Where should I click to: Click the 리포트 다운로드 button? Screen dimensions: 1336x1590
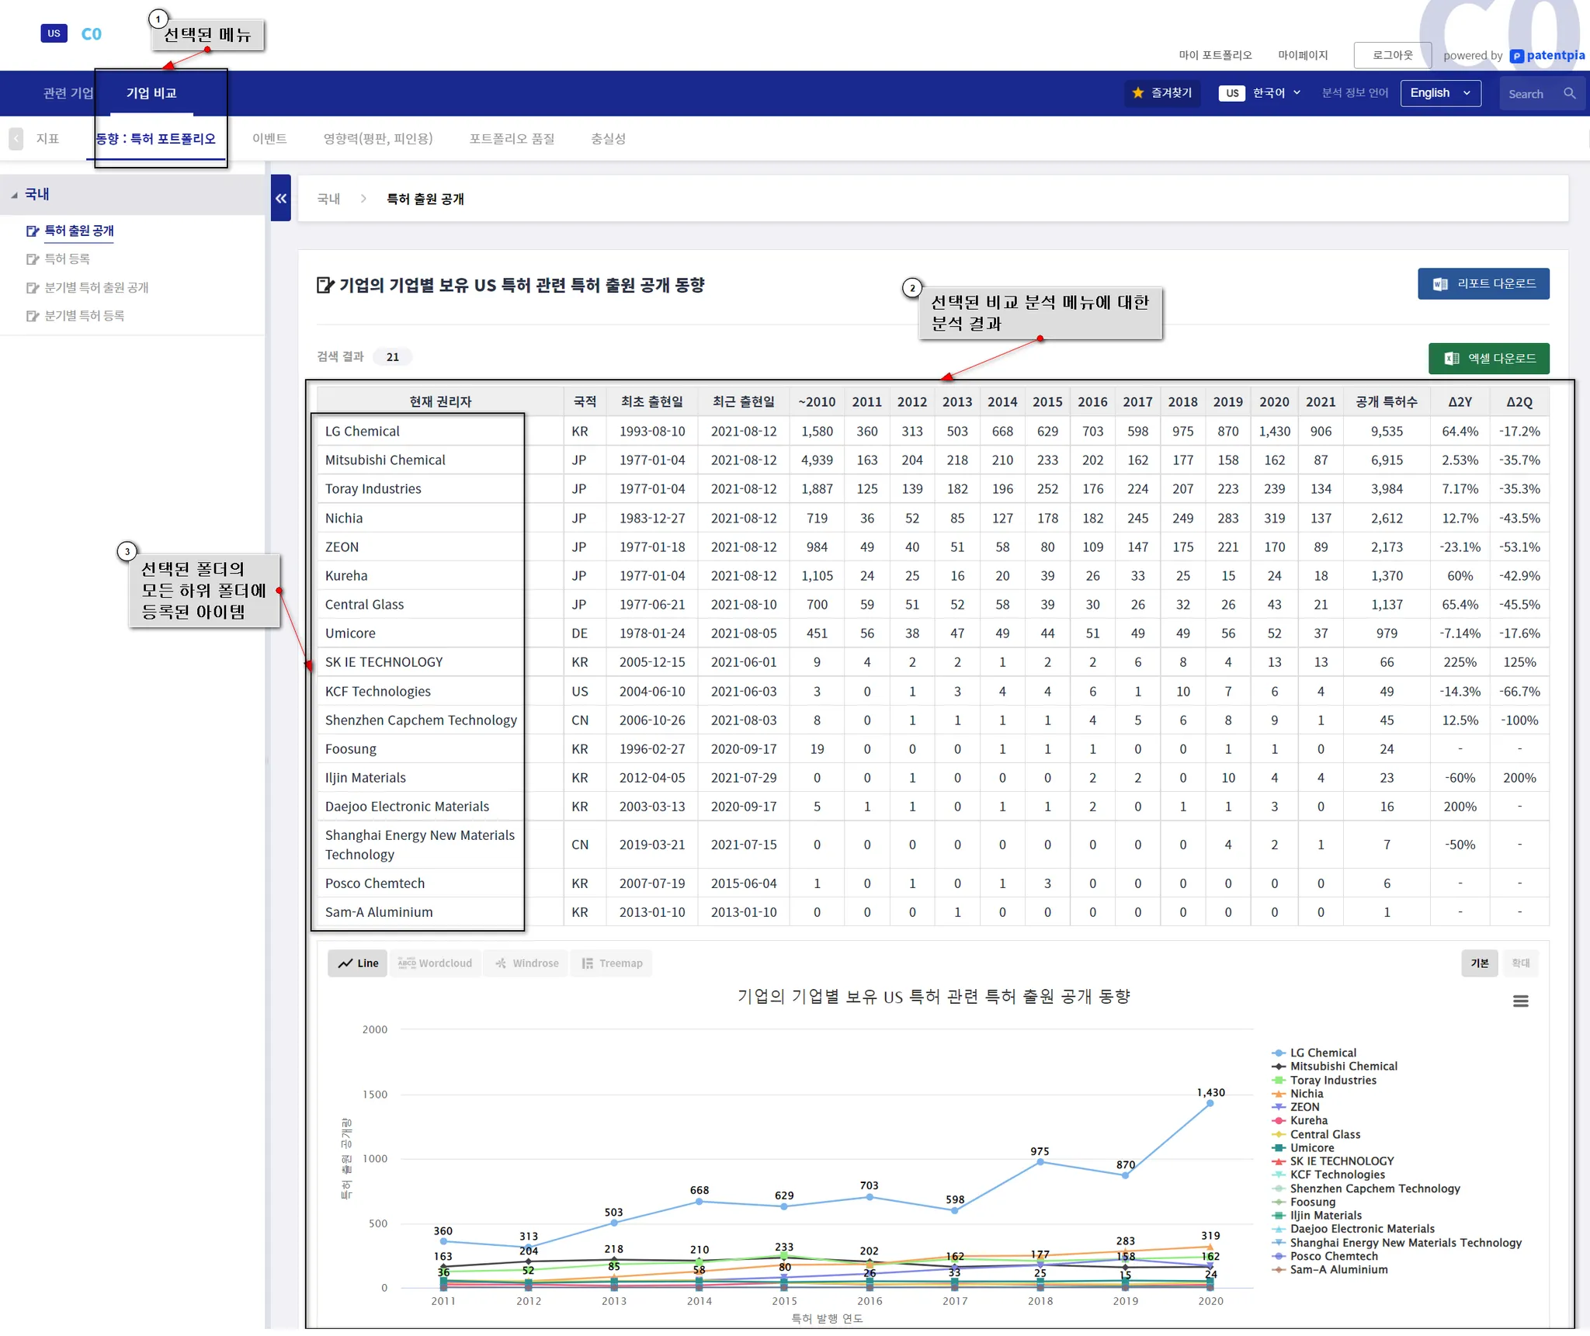tap(1483, 284)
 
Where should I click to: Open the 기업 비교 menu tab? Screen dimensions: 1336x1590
tap(151, 93)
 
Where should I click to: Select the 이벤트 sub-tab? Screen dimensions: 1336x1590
tap(269, 139)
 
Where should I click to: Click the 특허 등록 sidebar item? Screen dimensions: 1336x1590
tap(67, 259)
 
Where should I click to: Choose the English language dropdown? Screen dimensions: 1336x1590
tap(1440, 93)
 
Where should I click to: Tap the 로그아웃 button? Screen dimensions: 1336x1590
tap(1392, 55)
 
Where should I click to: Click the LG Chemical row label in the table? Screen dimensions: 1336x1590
tap(363, 432)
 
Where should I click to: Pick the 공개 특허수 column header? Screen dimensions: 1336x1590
tap(1386, 402)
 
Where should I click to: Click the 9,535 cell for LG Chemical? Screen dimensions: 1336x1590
tap(1387, 432)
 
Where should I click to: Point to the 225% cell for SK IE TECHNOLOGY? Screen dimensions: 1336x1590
tap(1460, 662)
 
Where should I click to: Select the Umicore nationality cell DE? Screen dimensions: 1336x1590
tap(579, 633)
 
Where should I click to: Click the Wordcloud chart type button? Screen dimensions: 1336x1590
tap(436, 963)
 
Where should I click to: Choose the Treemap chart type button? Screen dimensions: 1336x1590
tap(612, 963)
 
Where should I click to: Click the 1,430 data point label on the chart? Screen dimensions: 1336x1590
tap(1210, 1092)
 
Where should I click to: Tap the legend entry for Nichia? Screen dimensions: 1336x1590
tap(1307, 1094)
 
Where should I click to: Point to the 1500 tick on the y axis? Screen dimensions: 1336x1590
tap(375, 1095)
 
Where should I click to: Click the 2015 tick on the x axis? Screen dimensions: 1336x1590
tap(784, 1301)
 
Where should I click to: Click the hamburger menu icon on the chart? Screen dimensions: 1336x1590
tap(1520, 1001)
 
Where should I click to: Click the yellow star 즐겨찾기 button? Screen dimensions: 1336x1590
tap(1162, 93)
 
